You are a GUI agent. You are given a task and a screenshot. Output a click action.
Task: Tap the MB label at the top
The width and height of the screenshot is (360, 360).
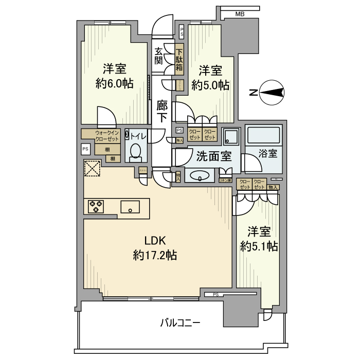240,14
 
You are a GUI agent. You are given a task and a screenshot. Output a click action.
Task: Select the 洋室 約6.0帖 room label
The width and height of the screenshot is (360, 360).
114,76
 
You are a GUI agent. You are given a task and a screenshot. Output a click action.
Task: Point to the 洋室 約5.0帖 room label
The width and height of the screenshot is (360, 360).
210,77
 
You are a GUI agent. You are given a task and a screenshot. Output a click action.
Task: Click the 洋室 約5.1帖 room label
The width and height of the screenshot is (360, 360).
259,239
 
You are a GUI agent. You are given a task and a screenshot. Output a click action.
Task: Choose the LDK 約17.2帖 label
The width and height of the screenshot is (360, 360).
155,247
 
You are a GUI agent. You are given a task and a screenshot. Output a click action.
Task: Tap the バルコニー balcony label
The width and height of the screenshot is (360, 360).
180,323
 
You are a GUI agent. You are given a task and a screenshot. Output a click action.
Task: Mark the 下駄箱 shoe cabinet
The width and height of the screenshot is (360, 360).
179,61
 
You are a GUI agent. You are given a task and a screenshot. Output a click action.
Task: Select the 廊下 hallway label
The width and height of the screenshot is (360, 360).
161,111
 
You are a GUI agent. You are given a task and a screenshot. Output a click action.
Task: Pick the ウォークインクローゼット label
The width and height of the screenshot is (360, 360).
106,136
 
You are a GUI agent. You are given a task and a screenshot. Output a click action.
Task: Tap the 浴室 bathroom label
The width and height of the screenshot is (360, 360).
268,154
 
